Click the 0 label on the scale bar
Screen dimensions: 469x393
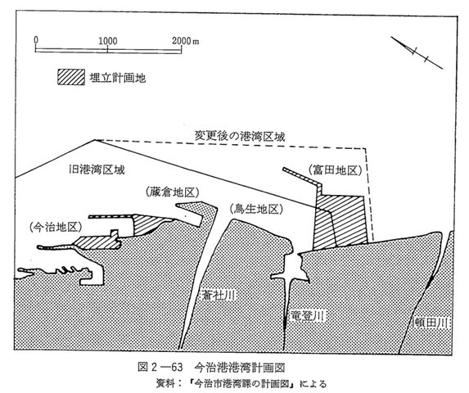[x=36, y=40]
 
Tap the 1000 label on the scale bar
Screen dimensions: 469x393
[x=108, y=40]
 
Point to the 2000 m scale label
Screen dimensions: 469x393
[x=186, y=40]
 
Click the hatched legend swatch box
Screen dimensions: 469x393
[x=71, y=77]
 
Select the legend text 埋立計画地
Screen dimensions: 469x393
[x=118, y=78]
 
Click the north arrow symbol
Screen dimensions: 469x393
[x=417, y=52]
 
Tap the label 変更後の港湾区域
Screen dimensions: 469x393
[x=240, y=136]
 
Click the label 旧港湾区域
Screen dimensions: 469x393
[x=97, y=169]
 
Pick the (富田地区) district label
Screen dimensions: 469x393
[x=336, y=170]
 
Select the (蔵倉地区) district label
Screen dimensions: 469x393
[x=173, y=192]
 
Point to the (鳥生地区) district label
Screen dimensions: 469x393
[x=256, y=209]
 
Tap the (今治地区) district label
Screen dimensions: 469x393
[x=56, y=228]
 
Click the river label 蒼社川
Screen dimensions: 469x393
[x=218, y=296]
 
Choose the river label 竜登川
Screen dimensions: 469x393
[x=308, y=315]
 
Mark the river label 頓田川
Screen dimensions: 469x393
[x=432, y=323]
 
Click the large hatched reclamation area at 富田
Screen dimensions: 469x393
[x=340, y=221]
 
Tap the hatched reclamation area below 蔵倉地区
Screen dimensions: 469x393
[x=147, y=224]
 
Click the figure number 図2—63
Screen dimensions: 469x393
[x=160, y=367]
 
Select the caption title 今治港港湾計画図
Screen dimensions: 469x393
[x=240, y=367]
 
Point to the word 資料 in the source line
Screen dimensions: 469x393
[x=165, y=383]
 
